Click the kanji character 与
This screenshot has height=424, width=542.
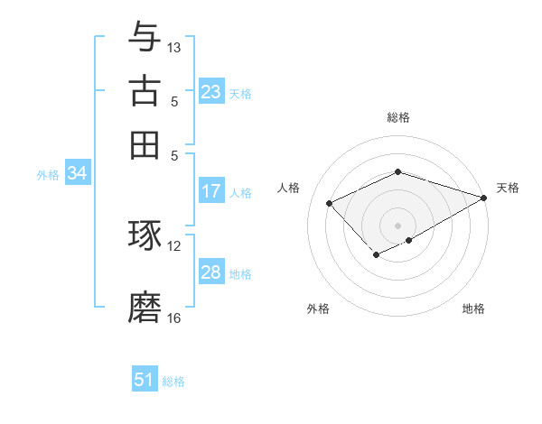[x=145, y=37]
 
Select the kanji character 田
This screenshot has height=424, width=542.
[x=145, y=143]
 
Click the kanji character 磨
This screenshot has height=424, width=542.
[x=145, y=307]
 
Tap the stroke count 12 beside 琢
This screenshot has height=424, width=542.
[x=174, y=245]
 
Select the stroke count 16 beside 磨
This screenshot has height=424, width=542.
[x=174, y=318]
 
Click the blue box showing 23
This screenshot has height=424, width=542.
[x=211, y=92]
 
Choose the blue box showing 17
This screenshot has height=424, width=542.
[x=211, y=191]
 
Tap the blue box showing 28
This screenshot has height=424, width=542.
[x=211, y=272]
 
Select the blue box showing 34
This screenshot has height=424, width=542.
[x=77, y=174]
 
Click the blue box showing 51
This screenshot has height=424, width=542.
[x=145, y=380]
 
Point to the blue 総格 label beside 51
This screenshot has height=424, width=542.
[x=173, y=382]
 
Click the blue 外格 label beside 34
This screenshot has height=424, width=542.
[x=48, y=175]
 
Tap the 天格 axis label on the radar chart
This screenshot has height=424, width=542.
[x=508, y=188]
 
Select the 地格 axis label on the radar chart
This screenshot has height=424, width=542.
[x=473, y=309]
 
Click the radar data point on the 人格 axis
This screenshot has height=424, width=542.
[x=330, y=204]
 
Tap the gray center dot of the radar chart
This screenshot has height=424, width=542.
[x=398, y=225]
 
